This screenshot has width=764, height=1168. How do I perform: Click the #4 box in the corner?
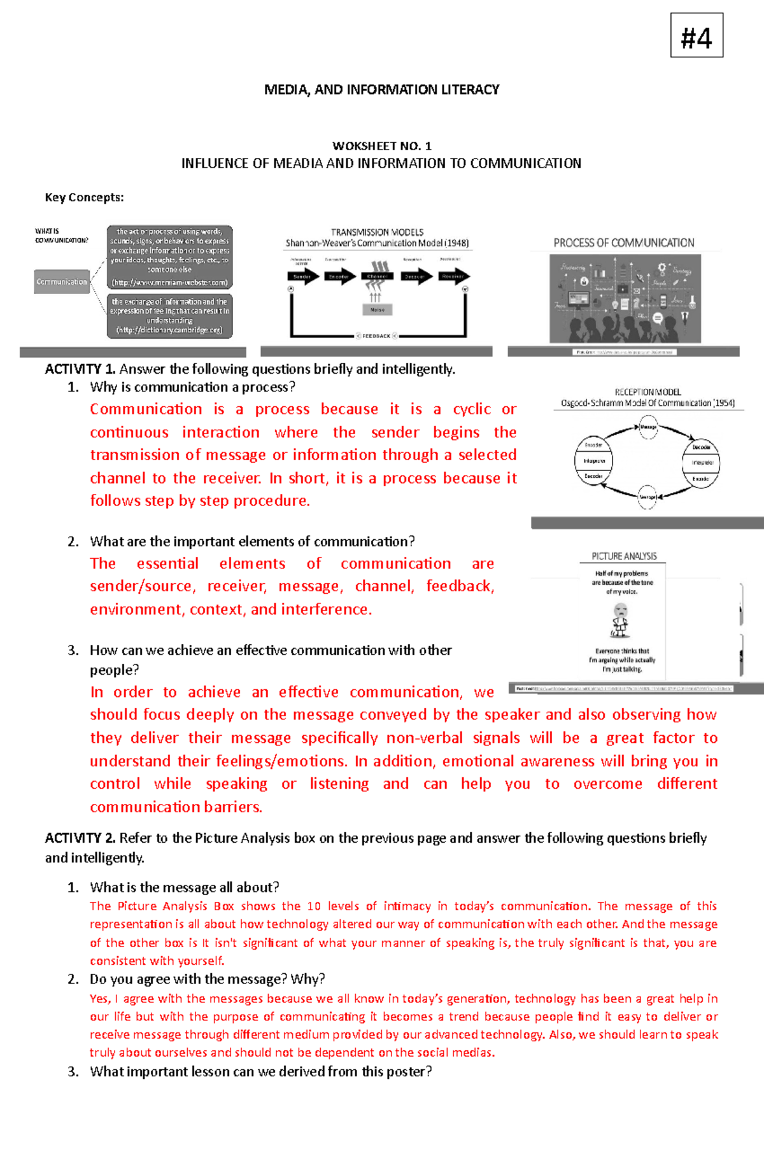697,36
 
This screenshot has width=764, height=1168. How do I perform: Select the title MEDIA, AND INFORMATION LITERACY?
381,90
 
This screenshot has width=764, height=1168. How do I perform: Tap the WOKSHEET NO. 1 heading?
381,146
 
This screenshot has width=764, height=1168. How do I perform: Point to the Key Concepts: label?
84,197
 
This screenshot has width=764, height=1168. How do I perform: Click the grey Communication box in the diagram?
62,281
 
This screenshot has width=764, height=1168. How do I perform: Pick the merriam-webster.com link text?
169,283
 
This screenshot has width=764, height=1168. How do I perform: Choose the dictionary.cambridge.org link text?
169,330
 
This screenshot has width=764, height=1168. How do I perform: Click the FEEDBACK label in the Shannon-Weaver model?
376,335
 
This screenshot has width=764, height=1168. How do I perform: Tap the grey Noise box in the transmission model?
378,310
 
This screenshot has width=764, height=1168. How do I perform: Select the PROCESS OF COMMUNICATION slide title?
623,243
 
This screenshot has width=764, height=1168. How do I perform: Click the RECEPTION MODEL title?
647,392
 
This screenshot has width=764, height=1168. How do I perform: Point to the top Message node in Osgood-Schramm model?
648,427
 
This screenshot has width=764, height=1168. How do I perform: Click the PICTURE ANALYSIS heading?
624,556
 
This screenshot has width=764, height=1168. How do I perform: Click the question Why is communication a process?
192,387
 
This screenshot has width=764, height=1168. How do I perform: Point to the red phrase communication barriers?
176,807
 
